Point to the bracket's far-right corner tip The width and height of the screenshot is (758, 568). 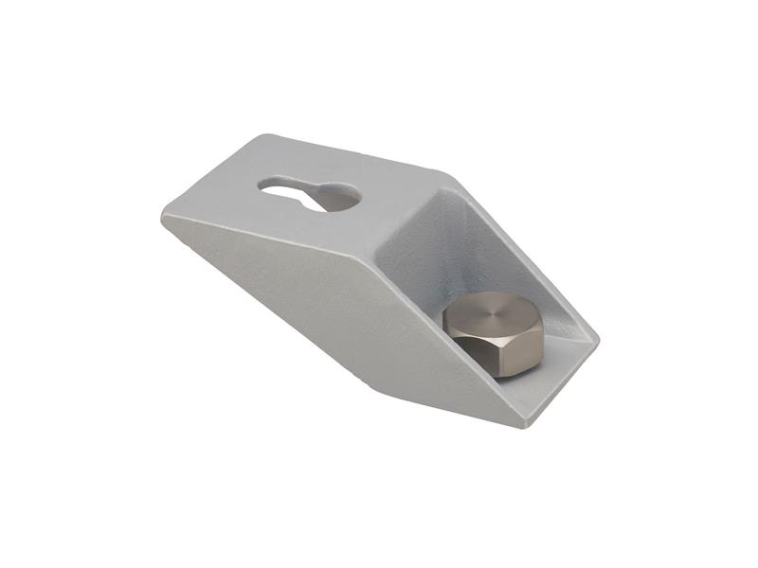pyautogui.click(x=598, y=336)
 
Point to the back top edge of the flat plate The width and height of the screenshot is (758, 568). pyautogui.click(x=341, y=151)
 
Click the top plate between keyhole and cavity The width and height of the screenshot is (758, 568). pyautogui.click(x=388, y=204)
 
